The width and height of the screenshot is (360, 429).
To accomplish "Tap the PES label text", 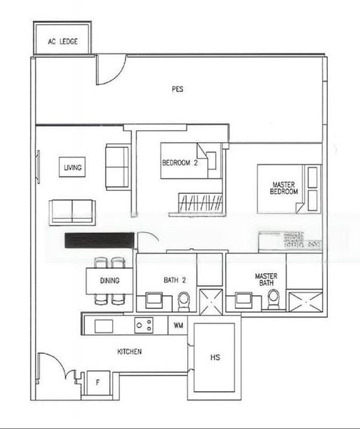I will pyautogui.click(x=178, y=89).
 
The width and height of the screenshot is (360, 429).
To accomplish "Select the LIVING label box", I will pyautogui.click(x=72, y=167).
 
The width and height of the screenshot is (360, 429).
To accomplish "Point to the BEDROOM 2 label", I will pyautogui.click(x=179, y=163).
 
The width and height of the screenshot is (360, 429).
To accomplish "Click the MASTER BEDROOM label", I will pyautogui.click(x=284, y=189).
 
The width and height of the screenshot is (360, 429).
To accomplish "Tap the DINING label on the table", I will pyautogui.click(x=109, y=280).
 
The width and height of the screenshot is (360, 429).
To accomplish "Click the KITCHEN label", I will pyautogui.click(x=129, y=351).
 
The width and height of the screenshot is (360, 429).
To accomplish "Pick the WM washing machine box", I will pyautogui.click(x=179, y=325).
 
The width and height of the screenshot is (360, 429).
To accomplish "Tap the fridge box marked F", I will pyautogui.click(x=98, y=382).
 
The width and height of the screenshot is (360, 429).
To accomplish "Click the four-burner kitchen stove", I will pyautogui.click(x=144, y=325).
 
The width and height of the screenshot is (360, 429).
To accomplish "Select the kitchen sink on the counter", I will pyautogui.click(x=104, y=326).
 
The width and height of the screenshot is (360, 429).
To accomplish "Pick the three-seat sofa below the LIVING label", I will pyautogui.click(x=71, y=212).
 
